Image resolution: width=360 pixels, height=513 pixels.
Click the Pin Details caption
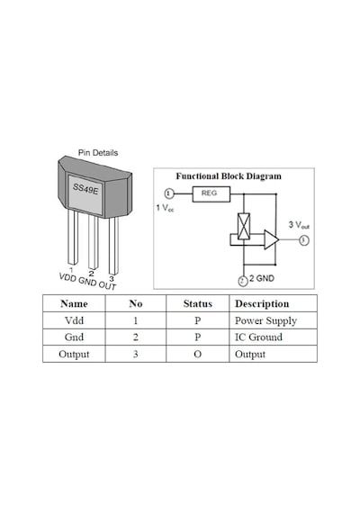click(x=98, y=153)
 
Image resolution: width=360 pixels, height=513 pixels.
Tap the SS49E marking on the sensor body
click(x=85, y=189)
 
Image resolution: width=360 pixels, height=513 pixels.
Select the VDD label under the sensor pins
click(x=67, y=277)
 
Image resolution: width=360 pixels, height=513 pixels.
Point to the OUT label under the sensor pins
click(x=107, y=285)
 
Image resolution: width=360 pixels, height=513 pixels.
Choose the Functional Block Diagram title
click(x=229, y=176)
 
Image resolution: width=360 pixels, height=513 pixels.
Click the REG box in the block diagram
click(x=211, y=194)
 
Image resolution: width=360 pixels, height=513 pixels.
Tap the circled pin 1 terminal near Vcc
click(x=168, y=193)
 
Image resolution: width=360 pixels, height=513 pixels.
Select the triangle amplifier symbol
click(x=271, y=239)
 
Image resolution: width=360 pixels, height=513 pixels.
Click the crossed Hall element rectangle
click(x=244, y=227)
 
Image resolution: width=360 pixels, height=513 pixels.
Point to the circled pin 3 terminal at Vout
click(x=304, y=240)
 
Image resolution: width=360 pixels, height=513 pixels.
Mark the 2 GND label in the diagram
click(x=262, y=278)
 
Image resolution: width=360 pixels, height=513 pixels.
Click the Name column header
click(x=74, y=303)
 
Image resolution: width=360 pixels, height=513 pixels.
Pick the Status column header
click(x=198, y=303)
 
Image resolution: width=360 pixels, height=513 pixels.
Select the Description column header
click(x=262, y=304)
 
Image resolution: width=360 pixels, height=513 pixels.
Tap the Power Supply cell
click(x=265, y=321)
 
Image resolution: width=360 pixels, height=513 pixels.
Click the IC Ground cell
click(x=258, y=337)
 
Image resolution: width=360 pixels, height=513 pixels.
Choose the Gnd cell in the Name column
click(x=74, y=337)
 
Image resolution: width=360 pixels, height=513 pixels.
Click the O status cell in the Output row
click(x=198, y=354)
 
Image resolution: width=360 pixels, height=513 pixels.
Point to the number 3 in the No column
click(x=136, y=354)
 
